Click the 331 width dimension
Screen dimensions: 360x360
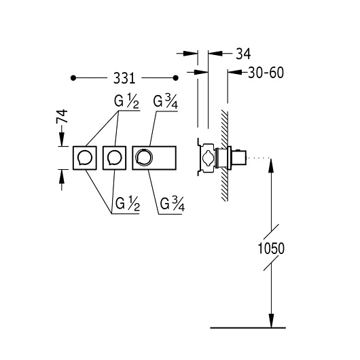tap(124, 78)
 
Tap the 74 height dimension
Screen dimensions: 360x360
tap(62, 116)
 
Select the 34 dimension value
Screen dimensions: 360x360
tap(243, 54)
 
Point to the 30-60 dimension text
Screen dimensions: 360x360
tap(266, 73)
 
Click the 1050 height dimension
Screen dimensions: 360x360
tap(271, 249)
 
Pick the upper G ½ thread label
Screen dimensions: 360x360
tap(126, 101)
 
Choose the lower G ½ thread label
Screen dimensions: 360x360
tap(128, 204)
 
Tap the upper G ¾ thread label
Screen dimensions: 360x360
tap(165, 102)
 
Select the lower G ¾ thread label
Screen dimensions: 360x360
tap(173, 204)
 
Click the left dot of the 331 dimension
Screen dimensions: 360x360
tap(73, 78)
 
